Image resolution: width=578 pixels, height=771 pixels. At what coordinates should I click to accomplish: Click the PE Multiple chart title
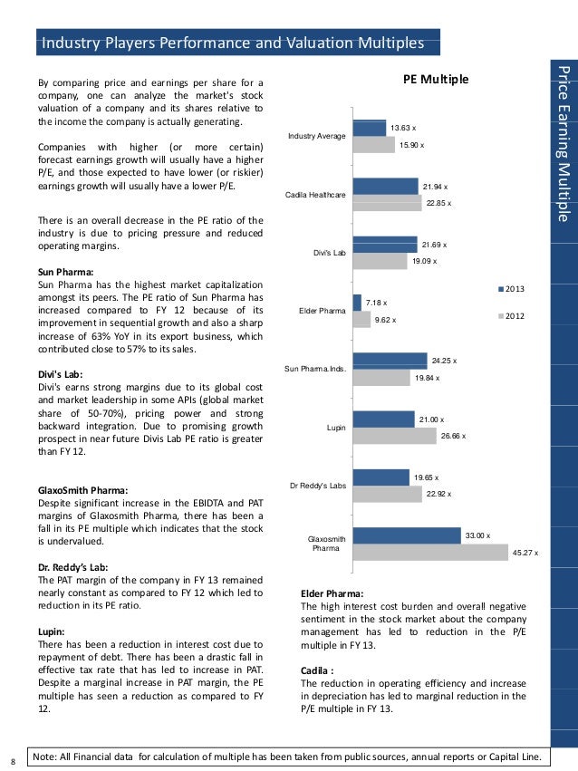tap(436, 81)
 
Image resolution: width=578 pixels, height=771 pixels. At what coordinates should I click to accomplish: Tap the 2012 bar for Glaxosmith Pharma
tap(429, 553)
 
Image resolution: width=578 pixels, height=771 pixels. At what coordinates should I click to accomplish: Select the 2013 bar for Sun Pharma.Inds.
tap(389, 361)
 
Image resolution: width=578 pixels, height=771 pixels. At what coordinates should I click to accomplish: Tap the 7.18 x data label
tap(377, 303)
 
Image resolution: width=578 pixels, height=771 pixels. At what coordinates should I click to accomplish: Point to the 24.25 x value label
tap(444, 361)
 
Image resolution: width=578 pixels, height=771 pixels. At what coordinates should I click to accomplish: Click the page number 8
tap(10, 759)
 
